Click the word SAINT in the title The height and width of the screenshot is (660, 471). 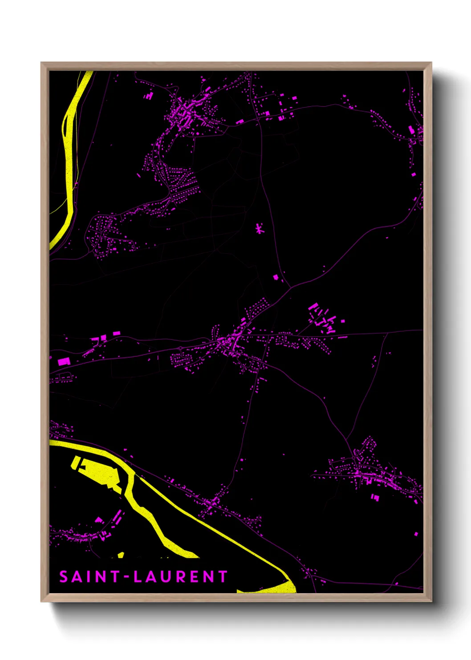click(x=89, y=577)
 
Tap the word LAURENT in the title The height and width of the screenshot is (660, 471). click(x=180, y=577)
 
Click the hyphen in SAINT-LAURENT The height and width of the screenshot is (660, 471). click(x=127, y=577)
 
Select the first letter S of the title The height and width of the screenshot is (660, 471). click(x=64, y=577)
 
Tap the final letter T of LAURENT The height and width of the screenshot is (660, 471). click(x=223, y=577)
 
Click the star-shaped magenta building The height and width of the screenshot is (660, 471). click(x=259, y=229)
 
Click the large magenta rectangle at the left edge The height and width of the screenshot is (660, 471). click(x=63, y=361)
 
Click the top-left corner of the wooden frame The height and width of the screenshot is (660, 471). click(x=42, y=63)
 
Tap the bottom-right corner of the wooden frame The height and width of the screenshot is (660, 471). click(x=430, y=600)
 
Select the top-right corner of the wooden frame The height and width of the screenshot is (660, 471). click(x=430, y=63)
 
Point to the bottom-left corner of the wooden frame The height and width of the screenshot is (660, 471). click(x=42, y=600)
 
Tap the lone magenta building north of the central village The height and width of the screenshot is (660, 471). click(x=276, y=277)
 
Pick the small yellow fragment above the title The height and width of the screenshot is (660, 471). click(x=121, y=555)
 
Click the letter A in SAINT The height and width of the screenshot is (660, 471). click(x=76, y=577)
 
